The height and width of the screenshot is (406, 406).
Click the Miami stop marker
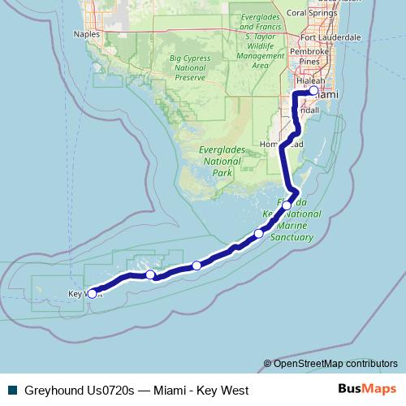(313, 92)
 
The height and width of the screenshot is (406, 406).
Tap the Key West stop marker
(92, 293)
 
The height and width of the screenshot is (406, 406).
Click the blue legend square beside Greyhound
(11, 390)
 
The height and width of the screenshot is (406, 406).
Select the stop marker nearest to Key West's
(150, 274)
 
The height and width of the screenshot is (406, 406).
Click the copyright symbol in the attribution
(268, 363)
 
